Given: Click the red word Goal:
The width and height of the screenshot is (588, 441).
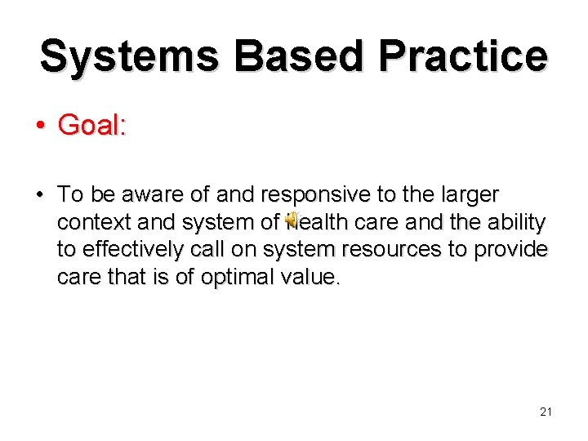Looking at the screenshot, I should click(92, 126).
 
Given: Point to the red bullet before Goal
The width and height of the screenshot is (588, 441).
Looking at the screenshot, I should click(39, 127).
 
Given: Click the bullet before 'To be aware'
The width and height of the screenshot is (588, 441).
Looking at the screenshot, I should click(39, 195).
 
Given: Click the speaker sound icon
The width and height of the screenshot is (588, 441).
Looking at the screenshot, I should click(292, 222).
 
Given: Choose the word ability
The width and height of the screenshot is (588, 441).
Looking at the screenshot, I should click(516, 222).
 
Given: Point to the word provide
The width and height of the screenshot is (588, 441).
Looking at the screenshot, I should click(518, 250).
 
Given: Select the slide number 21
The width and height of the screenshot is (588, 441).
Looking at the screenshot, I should click(546, 412).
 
